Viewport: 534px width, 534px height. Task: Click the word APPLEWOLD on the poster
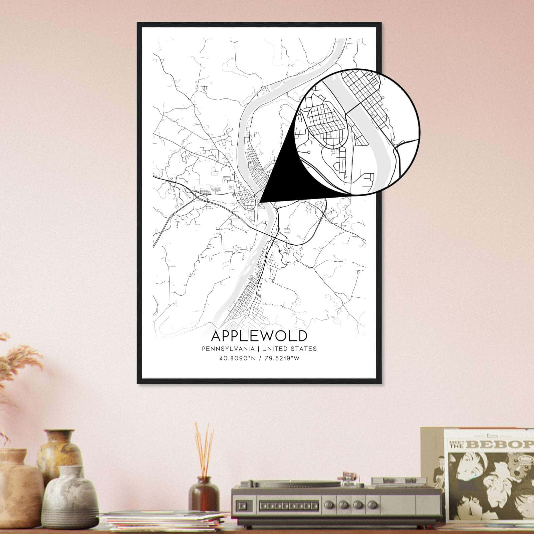259,335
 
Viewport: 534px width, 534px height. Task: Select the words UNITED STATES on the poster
289,349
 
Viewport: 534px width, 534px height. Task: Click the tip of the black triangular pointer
260,202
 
